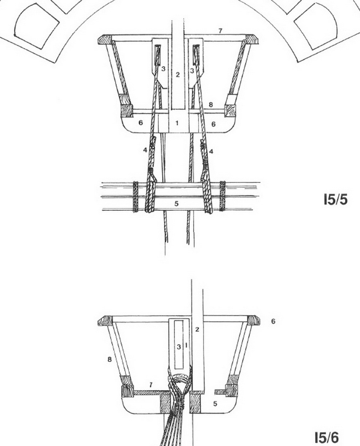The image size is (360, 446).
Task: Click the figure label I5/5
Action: [x=335, y=200]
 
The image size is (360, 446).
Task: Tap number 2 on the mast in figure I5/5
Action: [x=177, y=75]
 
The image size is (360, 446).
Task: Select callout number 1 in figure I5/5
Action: [x=177, y=123]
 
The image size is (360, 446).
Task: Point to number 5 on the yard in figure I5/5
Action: [x=176, y=203]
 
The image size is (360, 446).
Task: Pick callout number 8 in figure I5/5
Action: [x=211, y=105]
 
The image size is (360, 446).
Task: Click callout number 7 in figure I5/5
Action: [x=220, y=31]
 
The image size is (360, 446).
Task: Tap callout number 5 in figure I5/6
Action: [x=215, y=403]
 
